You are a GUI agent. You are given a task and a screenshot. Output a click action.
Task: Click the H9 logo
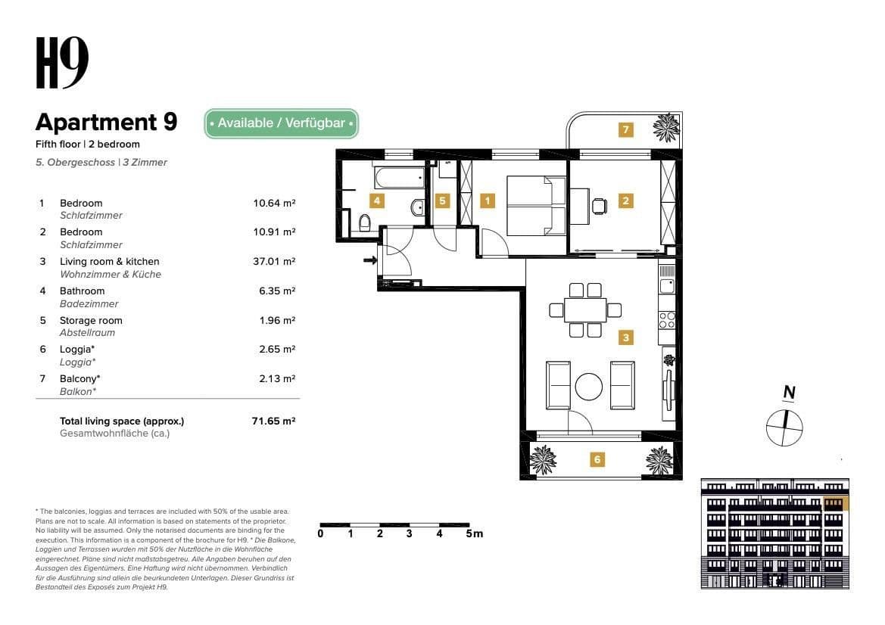(x=62, y=63)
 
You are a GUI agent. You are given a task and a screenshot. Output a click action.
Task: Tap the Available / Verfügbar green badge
(x=281, y=123)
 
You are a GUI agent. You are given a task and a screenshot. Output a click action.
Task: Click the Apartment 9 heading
(x=106, y=122)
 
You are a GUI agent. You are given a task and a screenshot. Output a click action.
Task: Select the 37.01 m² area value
(x=273, y=262)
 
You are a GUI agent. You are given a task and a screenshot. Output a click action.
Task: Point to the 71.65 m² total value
(x=273, y=421)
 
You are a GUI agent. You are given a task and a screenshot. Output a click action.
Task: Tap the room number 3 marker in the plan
(x=625, y=337)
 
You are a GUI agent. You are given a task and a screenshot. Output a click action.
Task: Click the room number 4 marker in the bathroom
(x=376, y=201)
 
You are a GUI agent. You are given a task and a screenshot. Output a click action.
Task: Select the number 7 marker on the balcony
(x=625, y=129)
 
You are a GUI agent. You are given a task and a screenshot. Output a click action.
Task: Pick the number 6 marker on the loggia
(x=597, y=459)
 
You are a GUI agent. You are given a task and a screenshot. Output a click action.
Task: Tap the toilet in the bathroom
(x=364, y=222)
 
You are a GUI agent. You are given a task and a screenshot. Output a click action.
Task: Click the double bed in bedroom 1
(x=534, y=205)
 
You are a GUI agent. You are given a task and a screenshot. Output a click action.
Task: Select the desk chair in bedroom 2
(x=600, y=206)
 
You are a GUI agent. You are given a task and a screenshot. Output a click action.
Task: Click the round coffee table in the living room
(x=589, y=387)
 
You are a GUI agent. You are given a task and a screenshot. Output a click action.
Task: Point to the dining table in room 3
(x=585, y=309)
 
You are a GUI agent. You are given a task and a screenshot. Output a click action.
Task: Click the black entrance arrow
(x=369, y=261)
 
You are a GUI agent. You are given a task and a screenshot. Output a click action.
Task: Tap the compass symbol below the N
(x=784, y=428)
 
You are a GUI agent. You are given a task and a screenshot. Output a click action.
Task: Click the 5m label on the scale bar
(x=475, y=533)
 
